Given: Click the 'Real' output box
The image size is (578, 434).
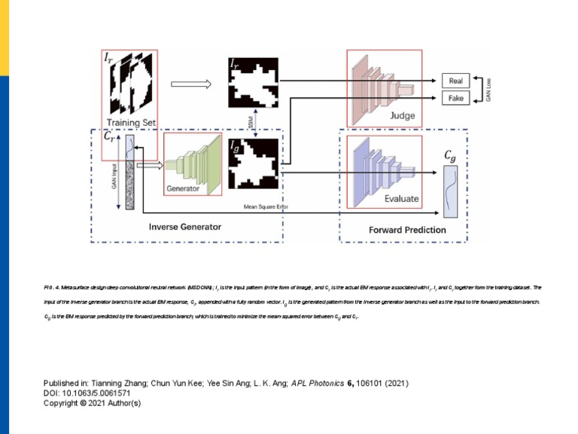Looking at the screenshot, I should [456, 81].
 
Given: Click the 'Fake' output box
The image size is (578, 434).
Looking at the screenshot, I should [456, 99].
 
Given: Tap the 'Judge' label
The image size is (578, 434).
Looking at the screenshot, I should [402, 116].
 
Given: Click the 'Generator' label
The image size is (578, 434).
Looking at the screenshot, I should [183, 188].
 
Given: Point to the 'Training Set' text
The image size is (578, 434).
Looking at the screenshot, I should [131, 122].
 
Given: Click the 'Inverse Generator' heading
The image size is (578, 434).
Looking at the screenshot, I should [184, 226].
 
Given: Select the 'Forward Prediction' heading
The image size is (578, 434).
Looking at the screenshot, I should [406, 229].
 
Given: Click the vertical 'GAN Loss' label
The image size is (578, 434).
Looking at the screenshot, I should [488, 90].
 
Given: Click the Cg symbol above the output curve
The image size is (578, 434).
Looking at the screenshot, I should [449, 156].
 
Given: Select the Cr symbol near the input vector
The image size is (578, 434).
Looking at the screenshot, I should [110, 138].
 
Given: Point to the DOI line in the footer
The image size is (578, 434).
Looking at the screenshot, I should [87, 393].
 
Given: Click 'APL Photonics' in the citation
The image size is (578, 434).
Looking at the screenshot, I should [317, 384].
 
